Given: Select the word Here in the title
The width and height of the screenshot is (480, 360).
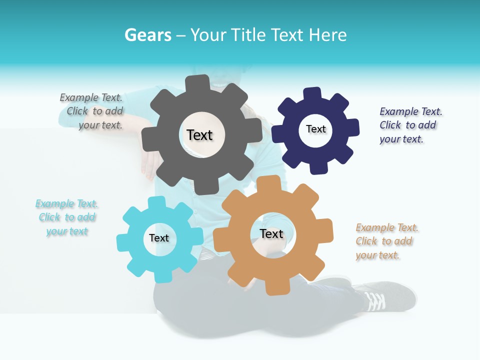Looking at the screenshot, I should pos(328,35).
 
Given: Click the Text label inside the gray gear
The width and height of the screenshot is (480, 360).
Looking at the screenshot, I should pos(199,135).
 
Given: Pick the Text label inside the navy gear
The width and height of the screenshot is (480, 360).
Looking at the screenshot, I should pos(315,129).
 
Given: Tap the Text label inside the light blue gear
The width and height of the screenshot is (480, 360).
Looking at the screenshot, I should pos(159,238).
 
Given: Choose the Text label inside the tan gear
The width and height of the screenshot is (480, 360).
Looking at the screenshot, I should pos(271,233).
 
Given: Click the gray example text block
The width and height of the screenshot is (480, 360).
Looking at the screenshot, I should pos(92,111).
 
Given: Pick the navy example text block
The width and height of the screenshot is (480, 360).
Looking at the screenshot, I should pos(410,125).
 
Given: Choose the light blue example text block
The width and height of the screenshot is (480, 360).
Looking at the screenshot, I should pos(67,217).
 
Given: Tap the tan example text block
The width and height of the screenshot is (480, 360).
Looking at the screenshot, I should pos(386,241).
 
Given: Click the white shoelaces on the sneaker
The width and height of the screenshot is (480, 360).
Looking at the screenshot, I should pos(375,300).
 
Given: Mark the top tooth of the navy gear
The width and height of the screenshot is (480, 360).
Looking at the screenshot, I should pos(312,94).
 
